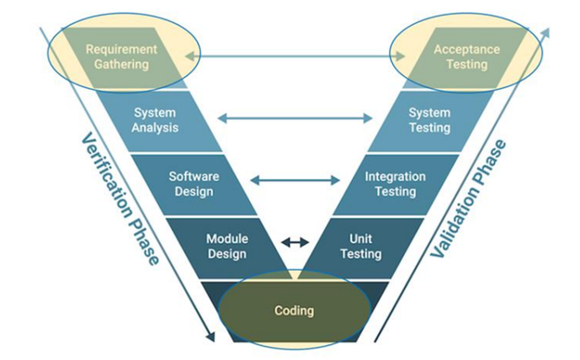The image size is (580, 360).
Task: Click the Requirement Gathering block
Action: [122, 58]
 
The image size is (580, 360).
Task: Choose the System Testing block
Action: [430, 121]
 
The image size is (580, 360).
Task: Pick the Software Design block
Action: [194, 184]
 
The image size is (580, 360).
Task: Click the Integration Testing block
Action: [396, 184]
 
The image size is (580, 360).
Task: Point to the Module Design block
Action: [227, 247]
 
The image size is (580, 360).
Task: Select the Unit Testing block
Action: [361, 247]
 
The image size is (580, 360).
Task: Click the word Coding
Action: [294, 310]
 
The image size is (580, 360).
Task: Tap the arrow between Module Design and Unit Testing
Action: [295, 242]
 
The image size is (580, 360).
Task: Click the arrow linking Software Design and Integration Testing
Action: [295, 180]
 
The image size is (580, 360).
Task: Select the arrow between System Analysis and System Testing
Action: [295, 119]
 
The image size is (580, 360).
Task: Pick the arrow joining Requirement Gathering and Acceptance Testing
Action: [295, 56]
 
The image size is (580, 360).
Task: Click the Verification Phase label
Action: [120, 199]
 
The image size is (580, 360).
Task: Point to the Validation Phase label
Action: [467, 199]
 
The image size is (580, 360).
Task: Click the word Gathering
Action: [121, 64]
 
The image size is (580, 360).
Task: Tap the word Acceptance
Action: [467, 49]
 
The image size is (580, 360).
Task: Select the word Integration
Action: [396, 177]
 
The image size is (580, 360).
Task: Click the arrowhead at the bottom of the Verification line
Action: [210, 336]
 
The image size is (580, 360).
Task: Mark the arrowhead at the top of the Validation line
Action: [545, 34]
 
